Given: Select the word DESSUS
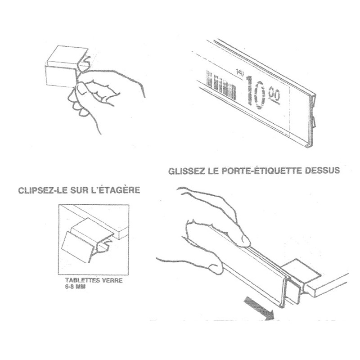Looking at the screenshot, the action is pos(322,171).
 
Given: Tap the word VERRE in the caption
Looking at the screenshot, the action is pos(112,280).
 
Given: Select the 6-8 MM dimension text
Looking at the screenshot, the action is pos(75,287).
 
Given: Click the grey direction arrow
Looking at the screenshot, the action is pos(259,308).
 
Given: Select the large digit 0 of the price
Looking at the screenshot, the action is pos(260,95).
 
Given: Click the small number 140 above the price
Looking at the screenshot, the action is pos(240,73).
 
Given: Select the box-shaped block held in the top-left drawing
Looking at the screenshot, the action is pos(67,66).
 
